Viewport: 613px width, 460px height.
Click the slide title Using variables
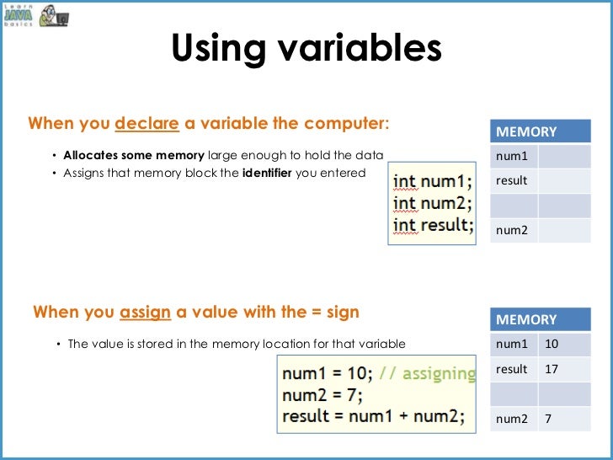[x=306, y=49]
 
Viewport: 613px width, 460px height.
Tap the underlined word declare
[x=147, y=124]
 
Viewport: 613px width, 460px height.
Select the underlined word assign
[x=146, y=313]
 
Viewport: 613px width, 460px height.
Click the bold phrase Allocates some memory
[x=134, y=156]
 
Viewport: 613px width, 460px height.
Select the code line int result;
[x=433, y=226]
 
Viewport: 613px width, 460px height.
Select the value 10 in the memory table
[x=552, y=344]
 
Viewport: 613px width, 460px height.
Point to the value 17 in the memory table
[x=552, y=369]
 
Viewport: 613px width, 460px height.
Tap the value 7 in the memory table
[x=548, y=419]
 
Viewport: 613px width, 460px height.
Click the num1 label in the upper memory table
[x=512, y=156]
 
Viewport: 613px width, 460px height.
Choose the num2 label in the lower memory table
[x=512, y=419]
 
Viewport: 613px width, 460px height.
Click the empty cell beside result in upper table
[x=564, y=180]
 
